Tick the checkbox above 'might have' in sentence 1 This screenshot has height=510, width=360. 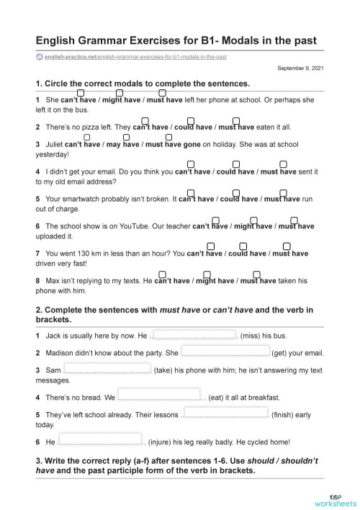pyautogui.click(x=120, y=93)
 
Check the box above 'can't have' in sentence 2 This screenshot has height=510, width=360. pyautogui.click(x=145, y=120)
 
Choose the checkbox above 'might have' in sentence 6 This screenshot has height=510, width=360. pyautogui.click(x=253, y=220)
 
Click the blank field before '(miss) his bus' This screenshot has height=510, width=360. pyautogui.click(x=196, y=335)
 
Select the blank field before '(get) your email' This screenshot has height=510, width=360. pyautogui.click(x=225, y=352)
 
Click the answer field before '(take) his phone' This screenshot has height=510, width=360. pyautogui.click(x=107, y=369)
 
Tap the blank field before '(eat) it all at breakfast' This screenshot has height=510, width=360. pyautogui.click(x=159, y=395)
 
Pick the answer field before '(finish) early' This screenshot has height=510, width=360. pyautogui.click(x=225, y=413)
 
